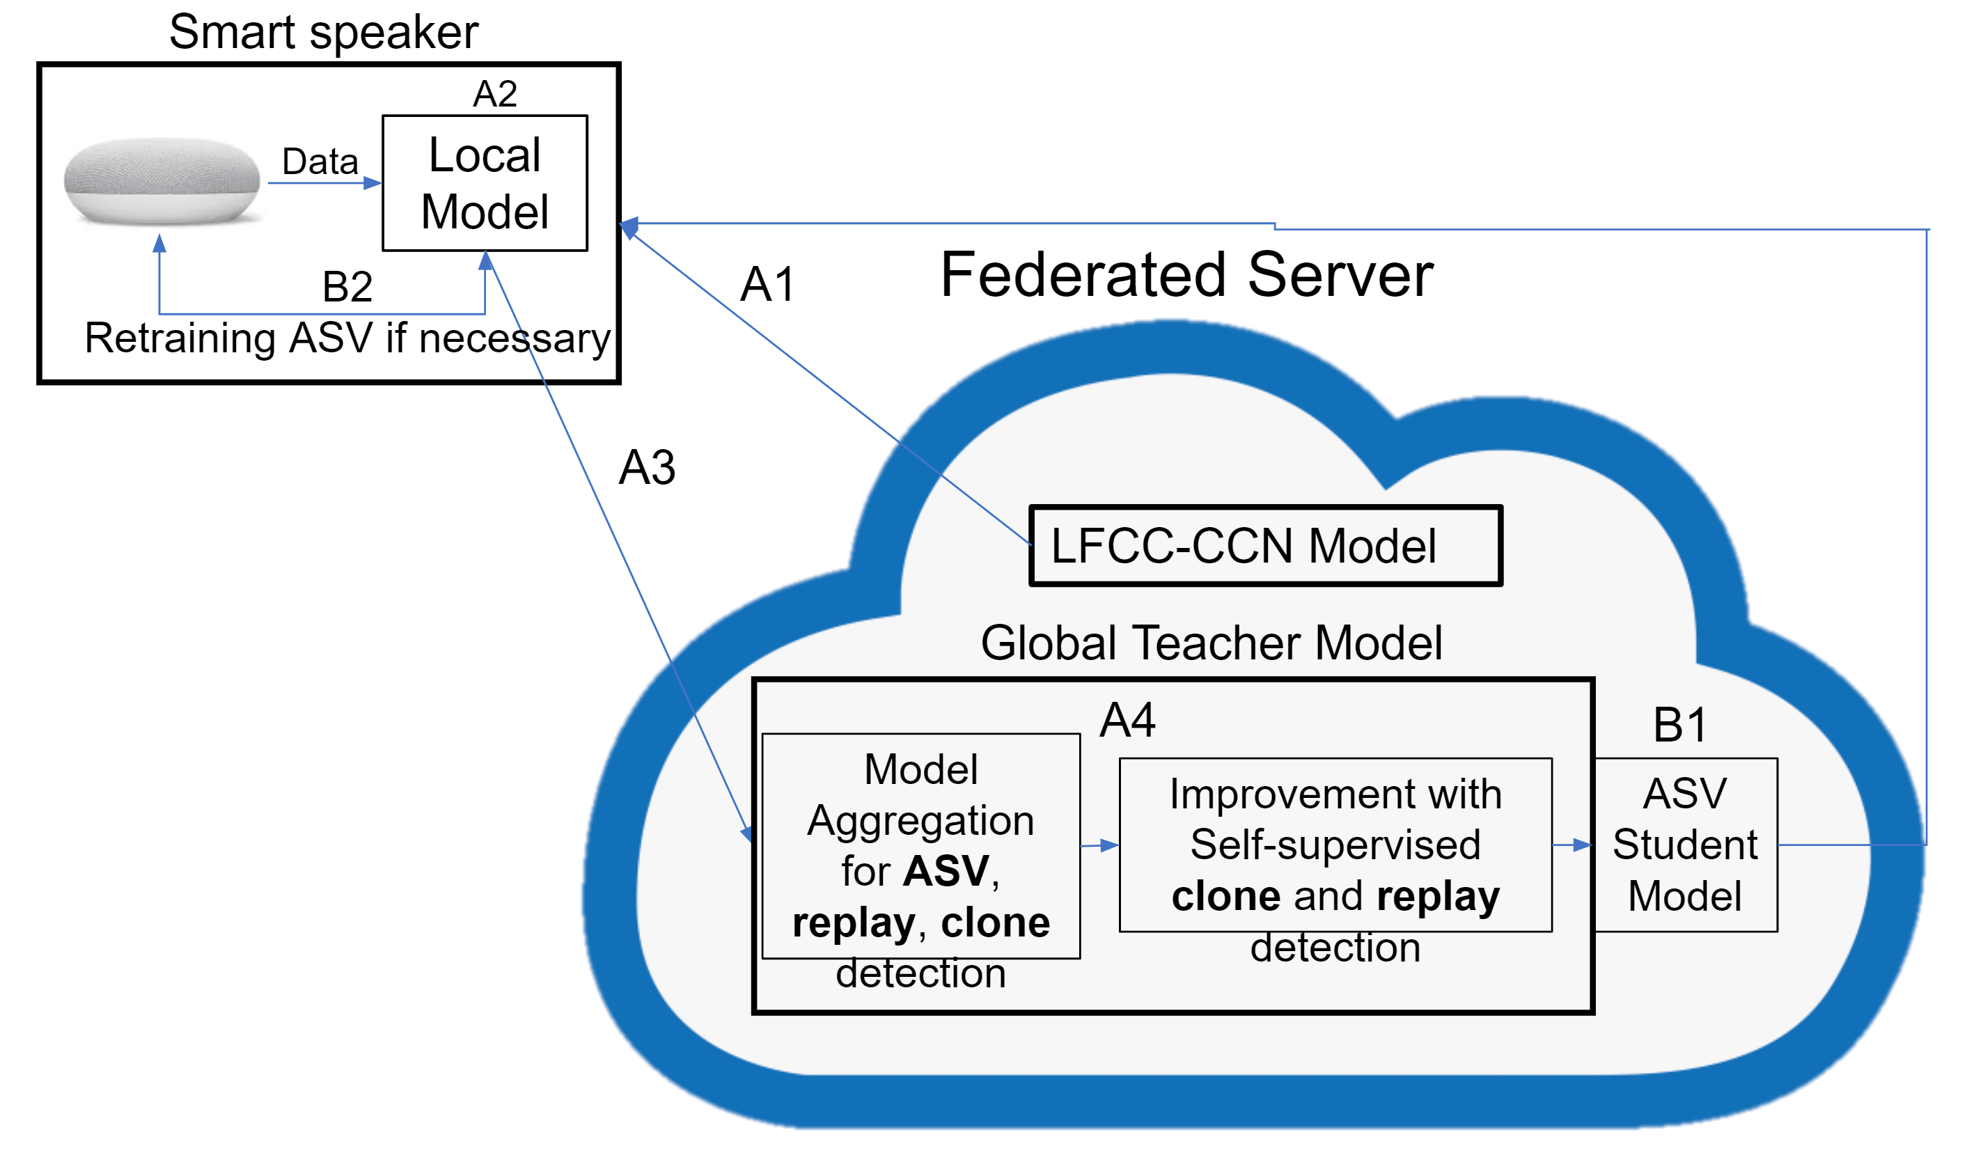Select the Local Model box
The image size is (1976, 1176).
[484, 183]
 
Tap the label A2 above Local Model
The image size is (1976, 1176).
[494, 94]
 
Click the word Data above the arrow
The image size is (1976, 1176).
[320, 162]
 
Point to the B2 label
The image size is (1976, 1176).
[347, 286]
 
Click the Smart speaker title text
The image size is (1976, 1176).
[323, 33]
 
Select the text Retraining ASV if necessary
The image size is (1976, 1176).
[347, 338]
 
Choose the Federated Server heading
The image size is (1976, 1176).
[1186, 275]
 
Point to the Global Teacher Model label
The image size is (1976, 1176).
[1211, 642]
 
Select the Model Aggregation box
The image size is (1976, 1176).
[920, 845]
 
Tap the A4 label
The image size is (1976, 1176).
[1127, 721]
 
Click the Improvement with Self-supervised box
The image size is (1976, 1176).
[1334, 845]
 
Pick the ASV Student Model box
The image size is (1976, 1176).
[1684, 845]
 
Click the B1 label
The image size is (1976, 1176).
[1679, 724]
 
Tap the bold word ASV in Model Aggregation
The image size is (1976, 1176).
[946, 871]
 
